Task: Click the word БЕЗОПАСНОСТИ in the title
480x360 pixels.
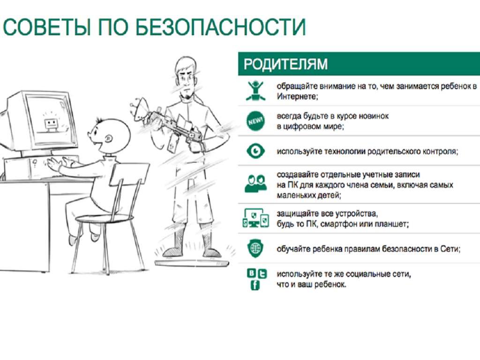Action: (x=220, y=27)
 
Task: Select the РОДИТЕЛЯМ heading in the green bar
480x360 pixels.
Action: (x=285, y=64)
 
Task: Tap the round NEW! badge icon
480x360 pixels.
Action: (x=255, y=121)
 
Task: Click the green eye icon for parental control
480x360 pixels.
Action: (x=255, y=151)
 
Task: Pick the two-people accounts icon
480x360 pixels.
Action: (x=255, y=183)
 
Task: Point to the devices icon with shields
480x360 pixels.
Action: (x=255, y=218)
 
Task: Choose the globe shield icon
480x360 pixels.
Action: (x=255, y=248)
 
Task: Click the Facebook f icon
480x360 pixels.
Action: (x=255, y=285)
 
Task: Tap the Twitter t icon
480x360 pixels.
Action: (x=262, y=274)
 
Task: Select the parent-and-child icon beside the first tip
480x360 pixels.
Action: (x=255, y=91)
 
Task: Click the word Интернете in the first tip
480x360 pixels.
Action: (x=297, y=97)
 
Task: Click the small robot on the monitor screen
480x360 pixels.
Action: (x=51, y=125)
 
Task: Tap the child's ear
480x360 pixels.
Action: (x=108, y=139)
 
